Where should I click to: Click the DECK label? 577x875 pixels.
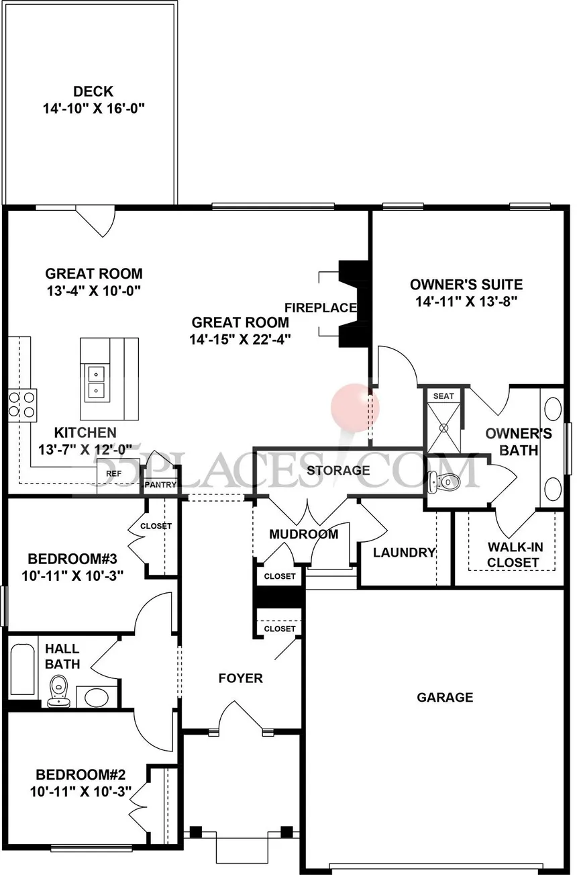[x=93, y=91]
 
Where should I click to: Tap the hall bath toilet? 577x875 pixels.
[x=59, y=692]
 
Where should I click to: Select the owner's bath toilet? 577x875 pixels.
[x=444, y=481]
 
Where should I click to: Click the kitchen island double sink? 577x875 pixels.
[x=96, y=381]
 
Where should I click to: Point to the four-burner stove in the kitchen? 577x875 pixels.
[x=23, y=405]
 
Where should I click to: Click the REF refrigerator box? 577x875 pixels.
[x=114, y=473]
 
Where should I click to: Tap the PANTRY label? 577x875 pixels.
[x=160, y=485]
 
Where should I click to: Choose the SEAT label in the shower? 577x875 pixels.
[x=443, y=396]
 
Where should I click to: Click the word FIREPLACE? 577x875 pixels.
[x=321, y=308]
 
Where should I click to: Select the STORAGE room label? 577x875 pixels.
[x=338, y=470]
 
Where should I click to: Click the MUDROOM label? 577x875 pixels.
[x=304, y=534]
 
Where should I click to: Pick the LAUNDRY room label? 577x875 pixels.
[x=404, y=553]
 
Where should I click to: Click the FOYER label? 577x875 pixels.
[x=240, y=678]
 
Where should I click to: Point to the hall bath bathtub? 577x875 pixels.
[x=22, y=669]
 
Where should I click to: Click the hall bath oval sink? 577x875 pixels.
[x=97, y=696]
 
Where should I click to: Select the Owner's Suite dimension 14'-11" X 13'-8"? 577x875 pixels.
[x=466, y=302]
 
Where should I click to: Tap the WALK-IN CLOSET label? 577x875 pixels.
[x=515, y=555]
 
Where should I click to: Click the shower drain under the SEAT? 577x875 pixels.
[x=444, y=428]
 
